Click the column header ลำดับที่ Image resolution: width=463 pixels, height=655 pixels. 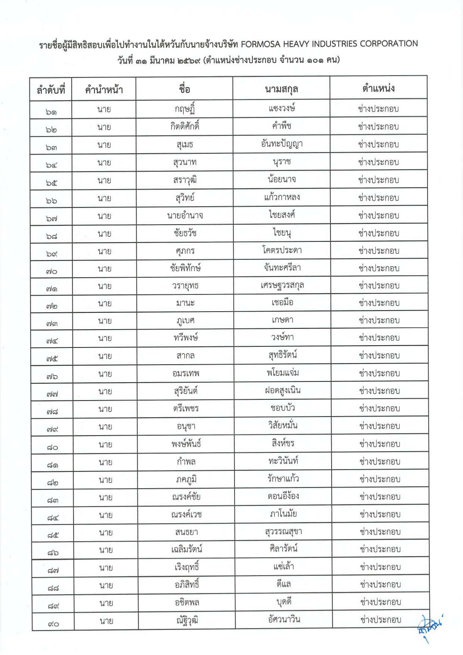51,90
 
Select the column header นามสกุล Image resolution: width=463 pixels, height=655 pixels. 281,89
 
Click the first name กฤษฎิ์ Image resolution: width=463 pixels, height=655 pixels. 185,109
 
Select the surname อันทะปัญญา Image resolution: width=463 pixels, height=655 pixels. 282,144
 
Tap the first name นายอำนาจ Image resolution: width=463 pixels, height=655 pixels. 185,215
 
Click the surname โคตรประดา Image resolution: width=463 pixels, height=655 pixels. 282,250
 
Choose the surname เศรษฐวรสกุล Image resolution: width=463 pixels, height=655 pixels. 282,285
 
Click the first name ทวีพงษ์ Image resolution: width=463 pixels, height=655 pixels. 185,338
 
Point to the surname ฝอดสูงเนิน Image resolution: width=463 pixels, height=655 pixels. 282,390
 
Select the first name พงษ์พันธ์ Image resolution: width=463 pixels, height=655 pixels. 186,444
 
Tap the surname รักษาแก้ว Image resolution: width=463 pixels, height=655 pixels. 283,478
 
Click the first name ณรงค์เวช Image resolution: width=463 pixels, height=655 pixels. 186,514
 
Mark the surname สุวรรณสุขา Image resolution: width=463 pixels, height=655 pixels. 283,531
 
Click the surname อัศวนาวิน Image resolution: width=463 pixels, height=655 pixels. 284,620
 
